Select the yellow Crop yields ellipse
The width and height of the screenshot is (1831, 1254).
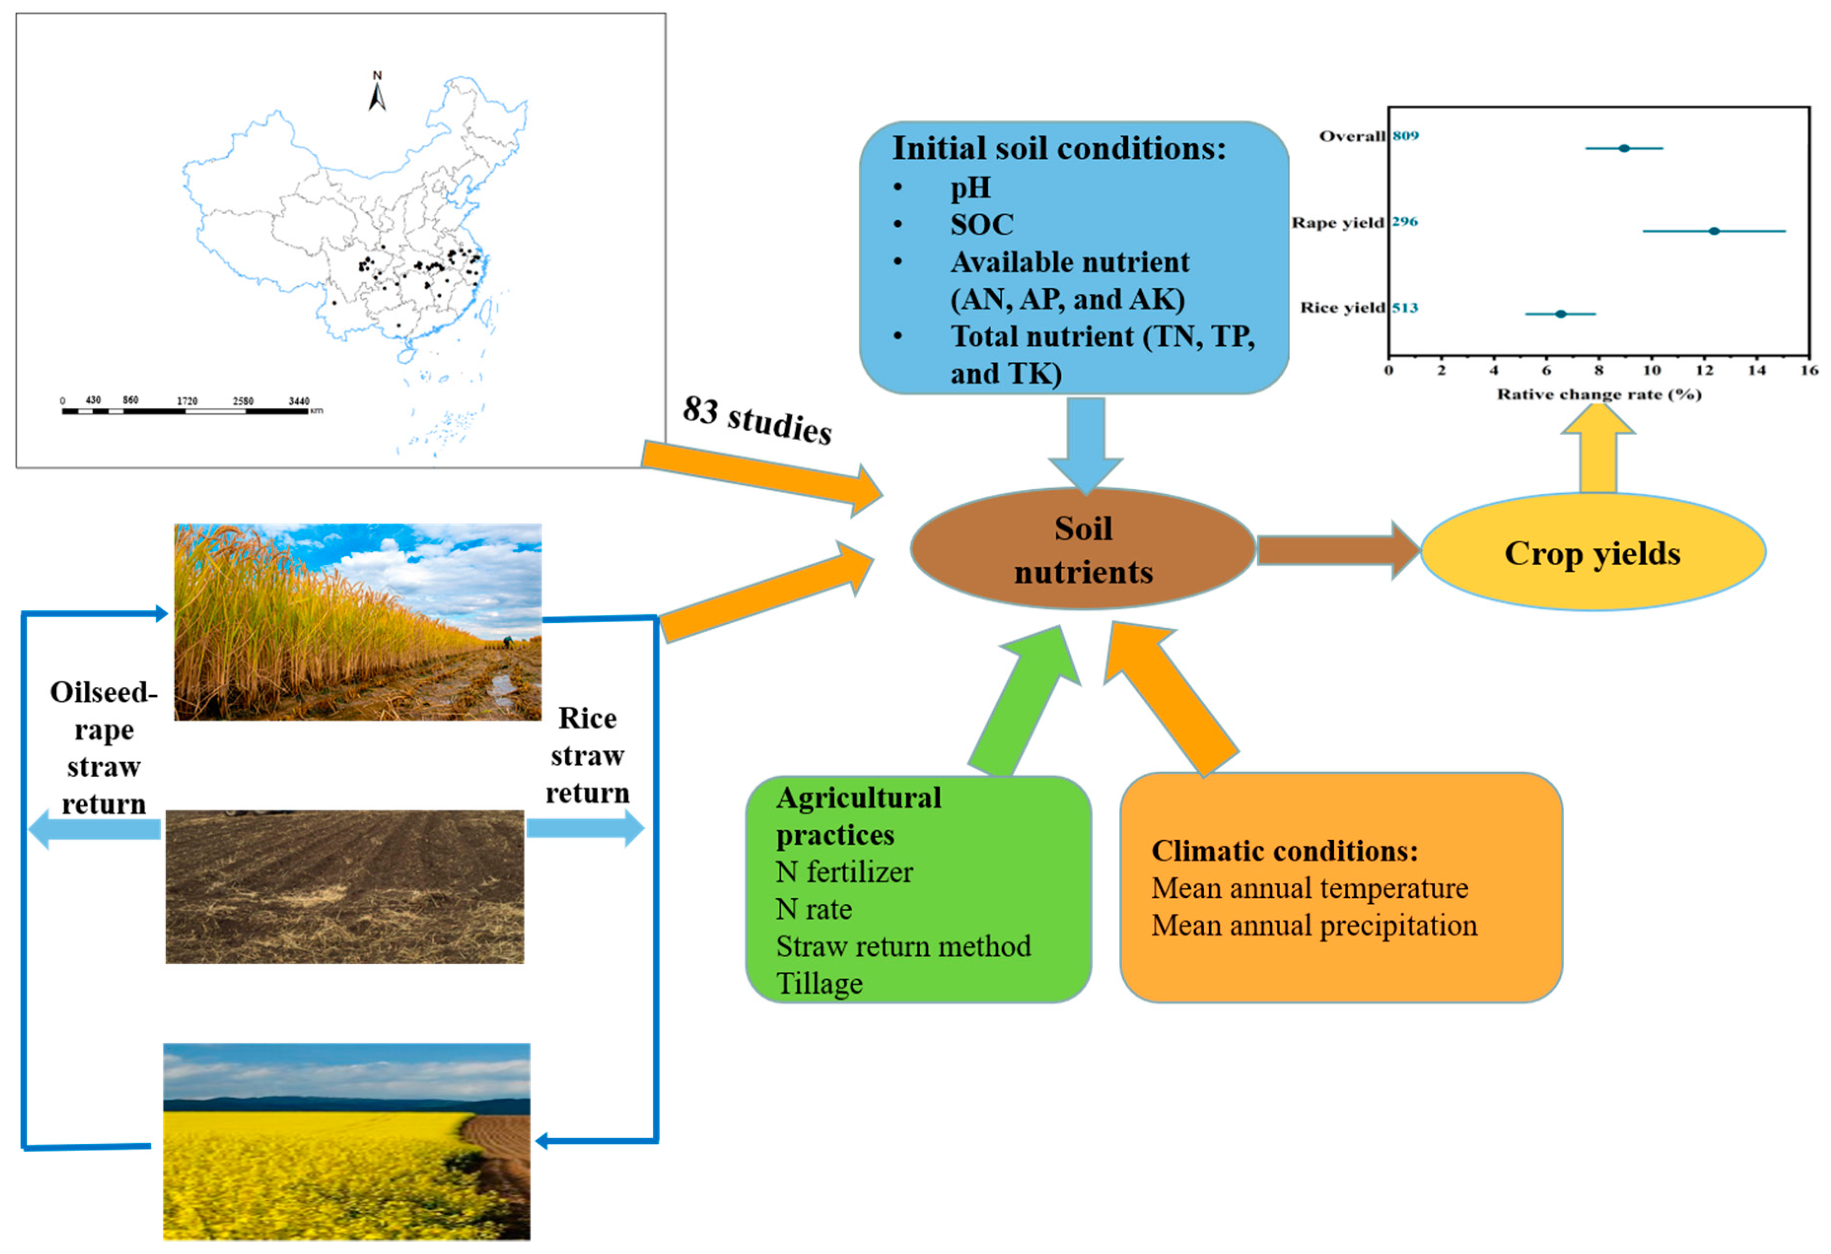pyautogui.click(x=1592, y=553)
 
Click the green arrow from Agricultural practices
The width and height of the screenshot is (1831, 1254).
pyautogui.click(x=1024, y=702)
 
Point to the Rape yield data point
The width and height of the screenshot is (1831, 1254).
pyautogui.click(x=1714, y=231)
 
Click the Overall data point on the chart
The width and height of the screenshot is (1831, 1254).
pyautogui.click(x=1624, y=148)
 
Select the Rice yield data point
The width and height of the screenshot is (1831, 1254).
pyautogui.click(x=1561, y=313)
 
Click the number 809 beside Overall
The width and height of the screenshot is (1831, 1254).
pyautogui.click(x=1406, y=136)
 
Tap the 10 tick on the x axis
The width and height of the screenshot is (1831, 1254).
pyautogui.click(x=1652, y=370)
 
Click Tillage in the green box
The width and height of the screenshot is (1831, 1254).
pyautogui.click(x=819, y=983)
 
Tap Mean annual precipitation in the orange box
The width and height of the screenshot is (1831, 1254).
pyautogui.click(x=1314, y=925)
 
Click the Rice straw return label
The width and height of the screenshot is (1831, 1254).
pyautogui.click(x=588, y=754)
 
